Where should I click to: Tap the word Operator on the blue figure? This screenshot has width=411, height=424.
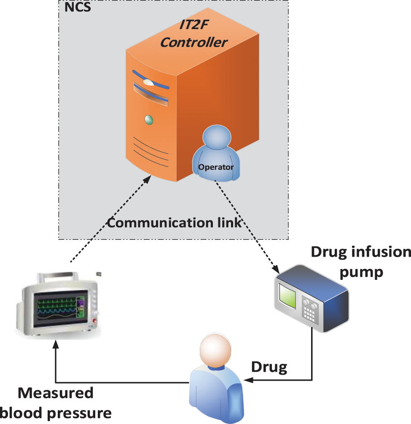click(216, 167)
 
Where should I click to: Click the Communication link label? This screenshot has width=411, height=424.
click(174, 222)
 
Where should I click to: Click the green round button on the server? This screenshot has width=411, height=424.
click(148, 120)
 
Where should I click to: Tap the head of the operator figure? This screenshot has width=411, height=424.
click(217, 139)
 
